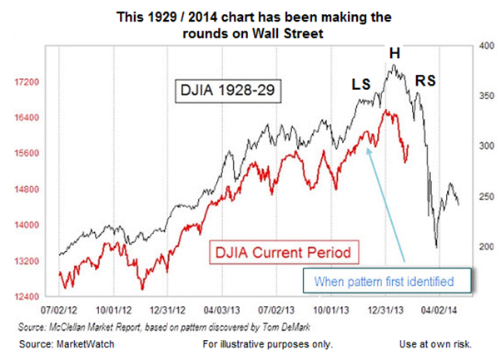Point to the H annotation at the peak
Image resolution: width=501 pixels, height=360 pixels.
[395, 53]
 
